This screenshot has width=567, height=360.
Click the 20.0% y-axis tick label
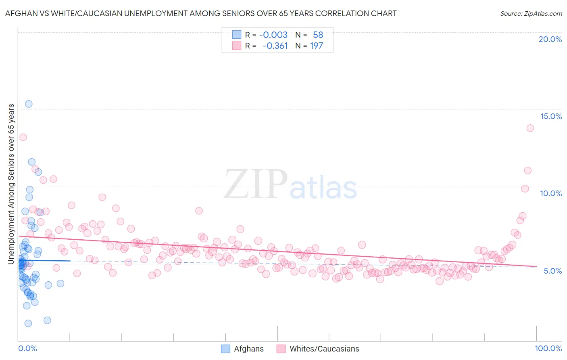coord(550,39)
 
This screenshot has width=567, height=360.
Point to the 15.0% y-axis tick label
coord(551,116)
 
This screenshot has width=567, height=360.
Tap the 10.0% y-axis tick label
coord(551,193)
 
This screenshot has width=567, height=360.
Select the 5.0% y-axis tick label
coord(552,271)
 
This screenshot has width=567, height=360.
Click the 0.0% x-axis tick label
coord(27,348)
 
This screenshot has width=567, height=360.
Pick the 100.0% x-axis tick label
coord(548,348)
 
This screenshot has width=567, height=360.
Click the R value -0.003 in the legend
coord(273,35)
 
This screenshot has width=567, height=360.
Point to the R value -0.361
coord(275,46)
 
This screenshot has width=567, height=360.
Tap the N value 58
coord(318,35)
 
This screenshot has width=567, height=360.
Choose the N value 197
coord(317,46)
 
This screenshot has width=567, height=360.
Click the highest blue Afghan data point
coord(29,104)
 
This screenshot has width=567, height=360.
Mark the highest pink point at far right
coord(530,128)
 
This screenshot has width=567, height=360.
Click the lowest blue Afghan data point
coord(28,323)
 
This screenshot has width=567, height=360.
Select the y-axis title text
coord(11,184)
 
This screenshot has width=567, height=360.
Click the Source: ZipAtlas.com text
coord(531,13)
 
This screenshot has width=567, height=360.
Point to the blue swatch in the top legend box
coord(236,35)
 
